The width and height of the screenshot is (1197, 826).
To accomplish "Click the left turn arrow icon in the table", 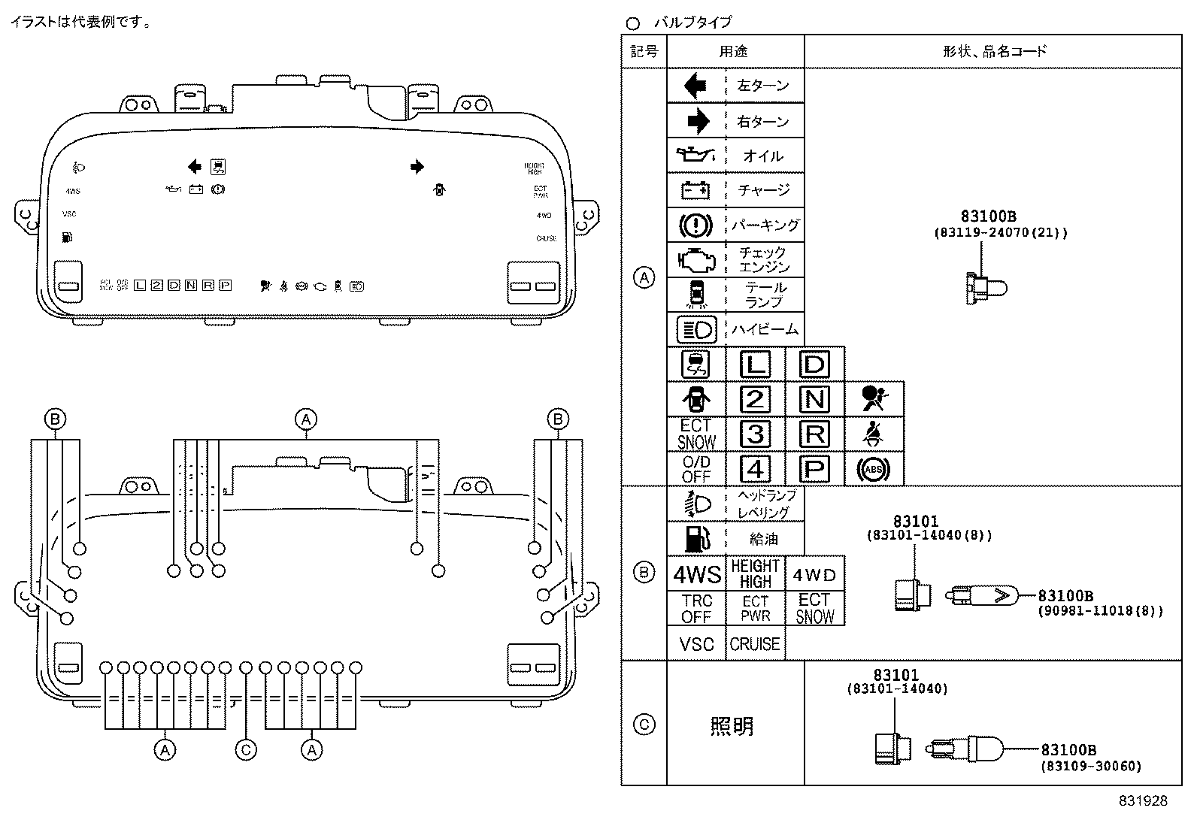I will pyautogui.click(x=695, y=86).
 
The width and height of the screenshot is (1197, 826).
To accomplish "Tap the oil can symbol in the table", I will pyautogui.click(x=695, y=156).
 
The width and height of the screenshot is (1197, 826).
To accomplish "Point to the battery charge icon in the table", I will pyautogui.click(x=695, y=191).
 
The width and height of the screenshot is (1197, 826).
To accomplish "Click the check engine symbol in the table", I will pyautogui.click(x=695, y=260).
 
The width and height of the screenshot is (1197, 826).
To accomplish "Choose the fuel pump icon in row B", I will pyautogui.click(x=695, y=538).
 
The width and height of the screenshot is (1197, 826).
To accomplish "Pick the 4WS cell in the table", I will pyautogui.click(x=696, y=575).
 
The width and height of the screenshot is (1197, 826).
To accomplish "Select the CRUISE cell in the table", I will pyautogui.click(x=755, y=644).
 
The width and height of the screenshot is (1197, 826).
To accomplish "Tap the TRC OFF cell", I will pyautogui.click(x=696, y=610).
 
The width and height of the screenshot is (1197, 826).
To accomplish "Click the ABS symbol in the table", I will pyautogui.click(x=873, y=470).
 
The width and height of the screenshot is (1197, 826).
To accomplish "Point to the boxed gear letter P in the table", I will pyautogui.click(x=814, y=470).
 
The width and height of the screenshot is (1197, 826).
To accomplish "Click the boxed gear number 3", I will pyautogui.click(x=755, y=434).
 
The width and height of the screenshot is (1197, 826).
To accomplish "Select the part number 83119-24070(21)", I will pyautogui.click(x=1000, y=233).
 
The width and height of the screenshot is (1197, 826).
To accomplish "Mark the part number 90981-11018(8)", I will pyautogui.click(x=1101, y=611).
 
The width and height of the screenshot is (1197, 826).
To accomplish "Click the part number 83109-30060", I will pyautogui.click(x=1091, y=767).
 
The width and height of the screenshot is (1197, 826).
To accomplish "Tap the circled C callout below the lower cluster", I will pyautogui.click(x=246, y=749).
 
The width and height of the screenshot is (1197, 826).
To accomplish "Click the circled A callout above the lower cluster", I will pyautogui.click(x=305, y=419).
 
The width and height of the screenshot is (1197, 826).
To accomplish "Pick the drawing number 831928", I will pyautogui.click(x=1142, y=801).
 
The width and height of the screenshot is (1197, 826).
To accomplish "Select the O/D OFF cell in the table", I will pyautogui.click(x=696, y=469).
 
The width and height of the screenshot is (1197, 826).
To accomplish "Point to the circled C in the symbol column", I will pyautogui.click(x=644, y=725).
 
